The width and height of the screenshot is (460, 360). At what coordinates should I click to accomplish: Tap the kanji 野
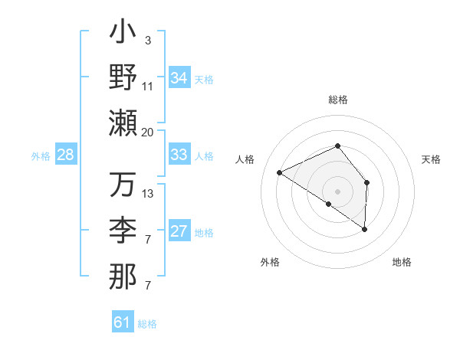click(x=123, y=77)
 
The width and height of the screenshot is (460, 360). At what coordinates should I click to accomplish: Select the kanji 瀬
click(x=123, y=122)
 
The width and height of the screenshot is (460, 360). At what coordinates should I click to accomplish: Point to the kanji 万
click(x=123, y=186)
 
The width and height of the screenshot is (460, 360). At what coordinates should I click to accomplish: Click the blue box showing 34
click(x=179, y=78)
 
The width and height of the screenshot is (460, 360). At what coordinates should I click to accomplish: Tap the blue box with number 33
click(x=179, y=155)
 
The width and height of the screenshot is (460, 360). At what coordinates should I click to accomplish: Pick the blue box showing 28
click(x=66, y=155)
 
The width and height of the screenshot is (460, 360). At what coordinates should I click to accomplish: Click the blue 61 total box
click(x=123, y=322)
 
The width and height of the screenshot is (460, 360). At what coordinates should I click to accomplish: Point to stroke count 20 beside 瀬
click(x=148, y=132)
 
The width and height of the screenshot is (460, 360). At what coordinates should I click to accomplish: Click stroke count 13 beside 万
click(x=148, y=194)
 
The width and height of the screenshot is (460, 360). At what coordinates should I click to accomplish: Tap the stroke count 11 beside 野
click(x=148, y=86)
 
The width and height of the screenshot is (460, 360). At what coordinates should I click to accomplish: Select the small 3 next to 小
click(x=148, y=41)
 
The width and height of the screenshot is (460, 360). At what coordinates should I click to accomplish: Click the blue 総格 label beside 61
click(x=147, y=324)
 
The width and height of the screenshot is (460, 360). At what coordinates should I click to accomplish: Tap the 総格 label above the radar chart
click(x=337, y=100)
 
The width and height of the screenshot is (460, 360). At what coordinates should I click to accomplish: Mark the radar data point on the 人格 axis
click(x=280, y=173)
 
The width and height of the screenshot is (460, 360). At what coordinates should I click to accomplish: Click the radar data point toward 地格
click(x=365, y=229)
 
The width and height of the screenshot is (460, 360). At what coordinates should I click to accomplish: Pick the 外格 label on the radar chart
click(x=270, y=263)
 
